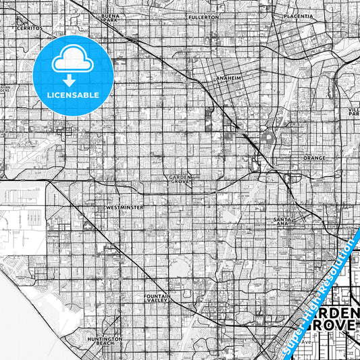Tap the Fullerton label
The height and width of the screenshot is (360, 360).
point(203,16)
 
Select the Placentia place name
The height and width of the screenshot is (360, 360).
point(298,16)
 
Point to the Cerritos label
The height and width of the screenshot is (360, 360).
point(30,28)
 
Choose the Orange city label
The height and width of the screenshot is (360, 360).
point(314,158)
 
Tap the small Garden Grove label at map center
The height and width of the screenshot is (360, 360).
point(180,179)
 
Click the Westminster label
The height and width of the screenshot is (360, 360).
point(125,207)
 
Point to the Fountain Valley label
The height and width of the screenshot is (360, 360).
point(157,298)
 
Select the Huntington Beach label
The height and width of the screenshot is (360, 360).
point(105,341)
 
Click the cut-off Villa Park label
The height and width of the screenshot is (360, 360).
point(354,111)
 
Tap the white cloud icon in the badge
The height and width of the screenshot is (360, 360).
point(72,60)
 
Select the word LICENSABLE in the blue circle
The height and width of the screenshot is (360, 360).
point(72,95)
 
